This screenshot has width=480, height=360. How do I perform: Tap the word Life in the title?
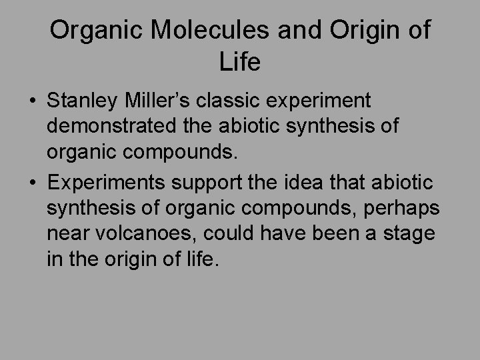(x=239, y=63)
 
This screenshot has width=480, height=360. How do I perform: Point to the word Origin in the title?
(x=361, y=31)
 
